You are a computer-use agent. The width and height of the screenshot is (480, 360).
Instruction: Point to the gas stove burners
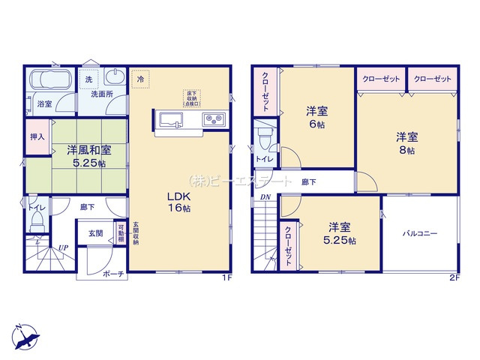pyautogui.click(x=211, y=118)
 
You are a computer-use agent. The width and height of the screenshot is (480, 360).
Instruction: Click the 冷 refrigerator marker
pyautogui.click(x=140, y=77)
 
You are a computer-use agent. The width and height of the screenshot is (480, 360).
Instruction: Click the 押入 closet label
pyautogui.click(x=37, y=138)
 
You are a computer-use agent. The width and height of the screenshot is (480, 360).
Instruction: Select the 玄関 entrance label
pyautogui.click(x=94, y=234)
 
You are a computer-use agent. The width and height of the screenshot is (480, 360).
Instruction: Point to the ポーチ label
pyautogui.click(x=114, y=274)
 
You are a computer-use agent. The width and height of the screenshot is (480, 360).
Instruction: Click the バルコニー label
pyautogui.click(x=419, y=234)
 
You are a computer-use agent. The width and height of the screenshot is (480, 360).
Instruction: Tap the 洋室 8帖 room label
pyautogui.click(x=406, y=142)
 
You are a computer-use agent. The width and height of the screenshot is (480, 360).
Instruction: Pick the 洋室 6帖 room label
pyautogui.click(x=315, y=118)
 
